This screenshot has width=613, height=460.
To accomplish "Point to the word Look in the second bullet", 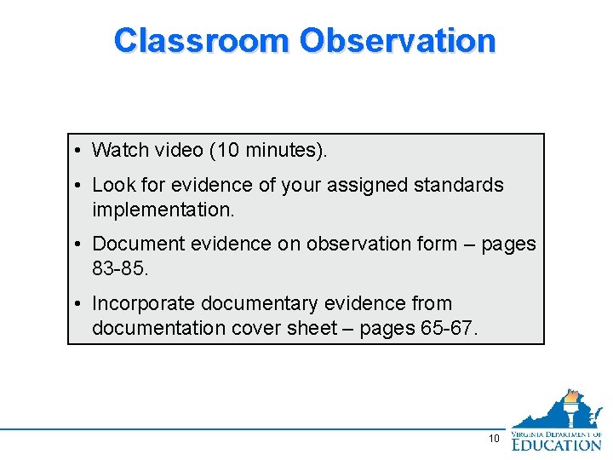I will [x=112, y=185].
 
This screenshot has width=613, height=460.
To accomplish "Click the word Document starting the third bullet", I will [x=135, y=244].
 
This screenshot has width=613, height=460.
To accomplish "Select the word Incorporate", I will [x=141, y=303].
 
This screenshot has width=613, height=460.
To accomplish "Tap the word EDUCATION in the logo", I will [x=557, y=444].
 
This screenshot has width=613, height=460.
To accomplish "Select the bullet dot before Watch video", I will [x=77, y=151].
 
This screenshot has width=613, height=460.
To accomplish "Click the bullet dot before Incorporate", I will [x=77, y=304].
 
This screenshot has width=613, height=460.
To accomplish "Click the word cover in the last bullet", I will [x=257, y=327].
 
